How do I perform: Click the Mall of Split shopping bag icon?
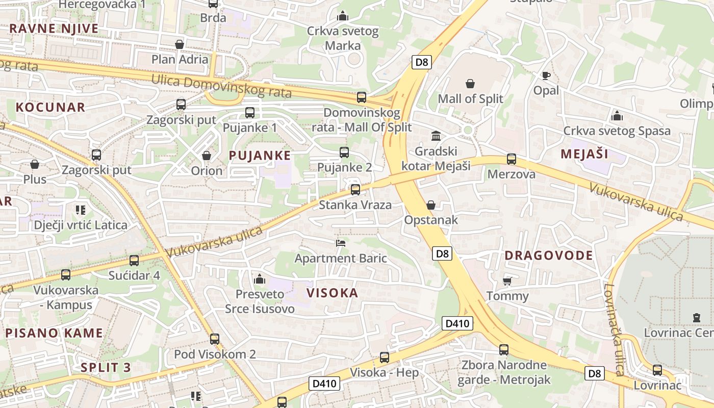pyautogui.click(x=470, y=84)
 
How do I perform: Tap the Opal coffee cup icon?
pyautogui.click(x=546, y=76)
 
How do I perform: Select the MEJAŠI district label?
pyautogui.click(x=584, y=154)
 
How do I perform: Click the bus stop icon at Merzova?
pyautogui.click(x=512, y=159)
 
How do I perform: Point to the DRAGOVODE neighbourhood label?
pyautogui.click(x=549, y=256)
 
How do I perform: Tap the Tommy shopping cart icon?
pyautogui.click(x=507, y=281)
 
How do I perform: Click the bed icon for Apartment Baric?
pyautogui.click(x=341, y=243)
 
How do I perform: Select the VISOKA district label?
pyautogui.click(x=333, y=293)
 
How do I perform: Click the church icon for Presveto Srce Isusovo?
pyautogui.click(x=260, y=279)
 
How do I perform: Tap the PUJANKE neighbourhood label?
pyautogui.click(x=260, y=156)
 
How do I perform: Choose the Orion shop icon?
pyautogui.click(x=207, y=156)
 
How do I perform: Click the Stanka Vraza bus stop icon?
pyautogui.click(x=355, y=190)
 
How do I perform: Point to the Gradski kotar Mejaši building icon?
pyautogui.click(x=436, y=136)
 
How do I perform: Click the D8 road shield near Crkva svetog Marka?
pyautogui.click(x=422, y=62)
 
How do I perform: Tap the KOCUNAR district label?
pyautogui.click(x=50, y=107)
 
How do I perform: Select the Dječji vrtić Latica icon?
pyautogui.click(x=80, y=210)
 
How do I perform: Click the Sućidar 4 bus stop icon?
pyautogui.click(x=134, y=261)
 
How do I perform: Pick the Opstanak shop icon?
pyautogui.click(x=431, y=205)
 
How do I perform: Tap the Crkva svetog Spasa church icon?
pyautogui.click(x=617, y=116)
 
